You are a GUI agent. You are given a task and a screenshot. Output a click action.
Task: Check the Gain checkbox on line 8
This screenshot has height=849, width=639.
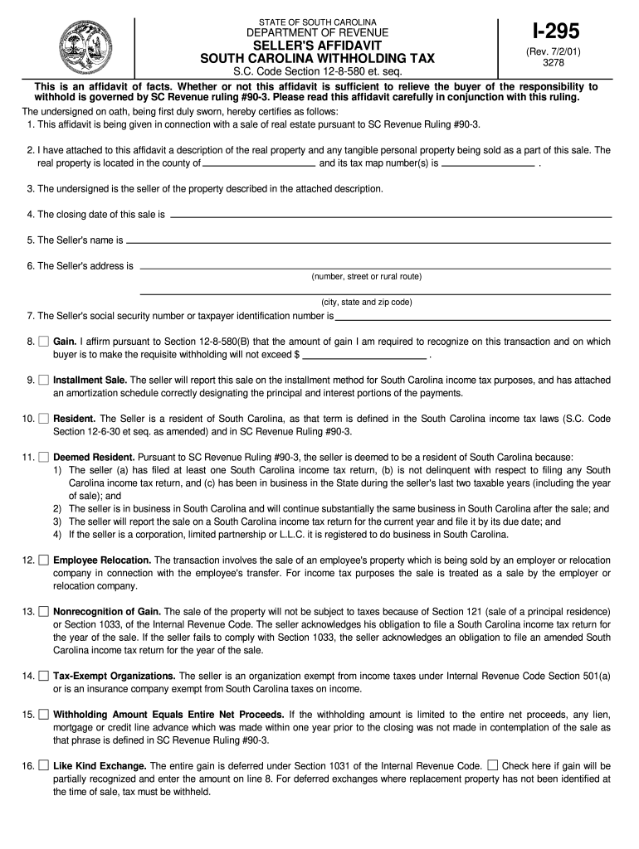coord(43,342)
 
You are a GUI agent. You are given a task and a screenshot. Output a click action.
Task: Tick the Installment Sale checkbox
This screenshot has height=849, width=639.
coord(43,380)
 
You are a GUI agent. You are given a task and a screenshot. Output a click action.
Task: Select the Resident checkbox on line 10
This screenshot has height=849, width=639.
coord(43,419)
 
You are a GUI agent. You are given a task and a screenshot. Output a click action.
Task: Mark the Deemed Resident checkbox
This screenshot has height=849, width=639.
coord(43,457)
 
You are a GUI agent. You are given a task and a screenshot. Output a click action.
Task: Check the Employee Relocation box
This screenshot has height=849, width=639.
coord(43,560)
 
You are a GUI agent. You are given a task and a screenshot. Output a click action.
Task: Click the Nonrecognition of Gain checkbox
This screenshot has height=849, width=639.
coord(43,611)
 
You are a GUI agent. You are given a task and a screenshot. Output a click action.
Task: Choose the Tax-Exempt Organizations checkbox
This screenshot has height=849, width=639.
coord(43,676)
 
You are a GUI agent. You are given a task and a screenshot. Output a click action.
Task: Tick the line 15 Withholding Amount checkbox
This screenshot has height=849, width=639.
coord(43,714)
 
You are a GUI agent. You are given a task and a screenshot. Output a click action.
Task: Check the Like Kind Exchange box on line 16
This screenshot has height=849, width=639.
coord(43,765)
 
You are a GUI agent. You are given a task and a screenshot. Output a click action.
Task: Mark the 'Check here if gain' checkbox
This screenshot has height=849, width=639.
coord(493,765)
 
